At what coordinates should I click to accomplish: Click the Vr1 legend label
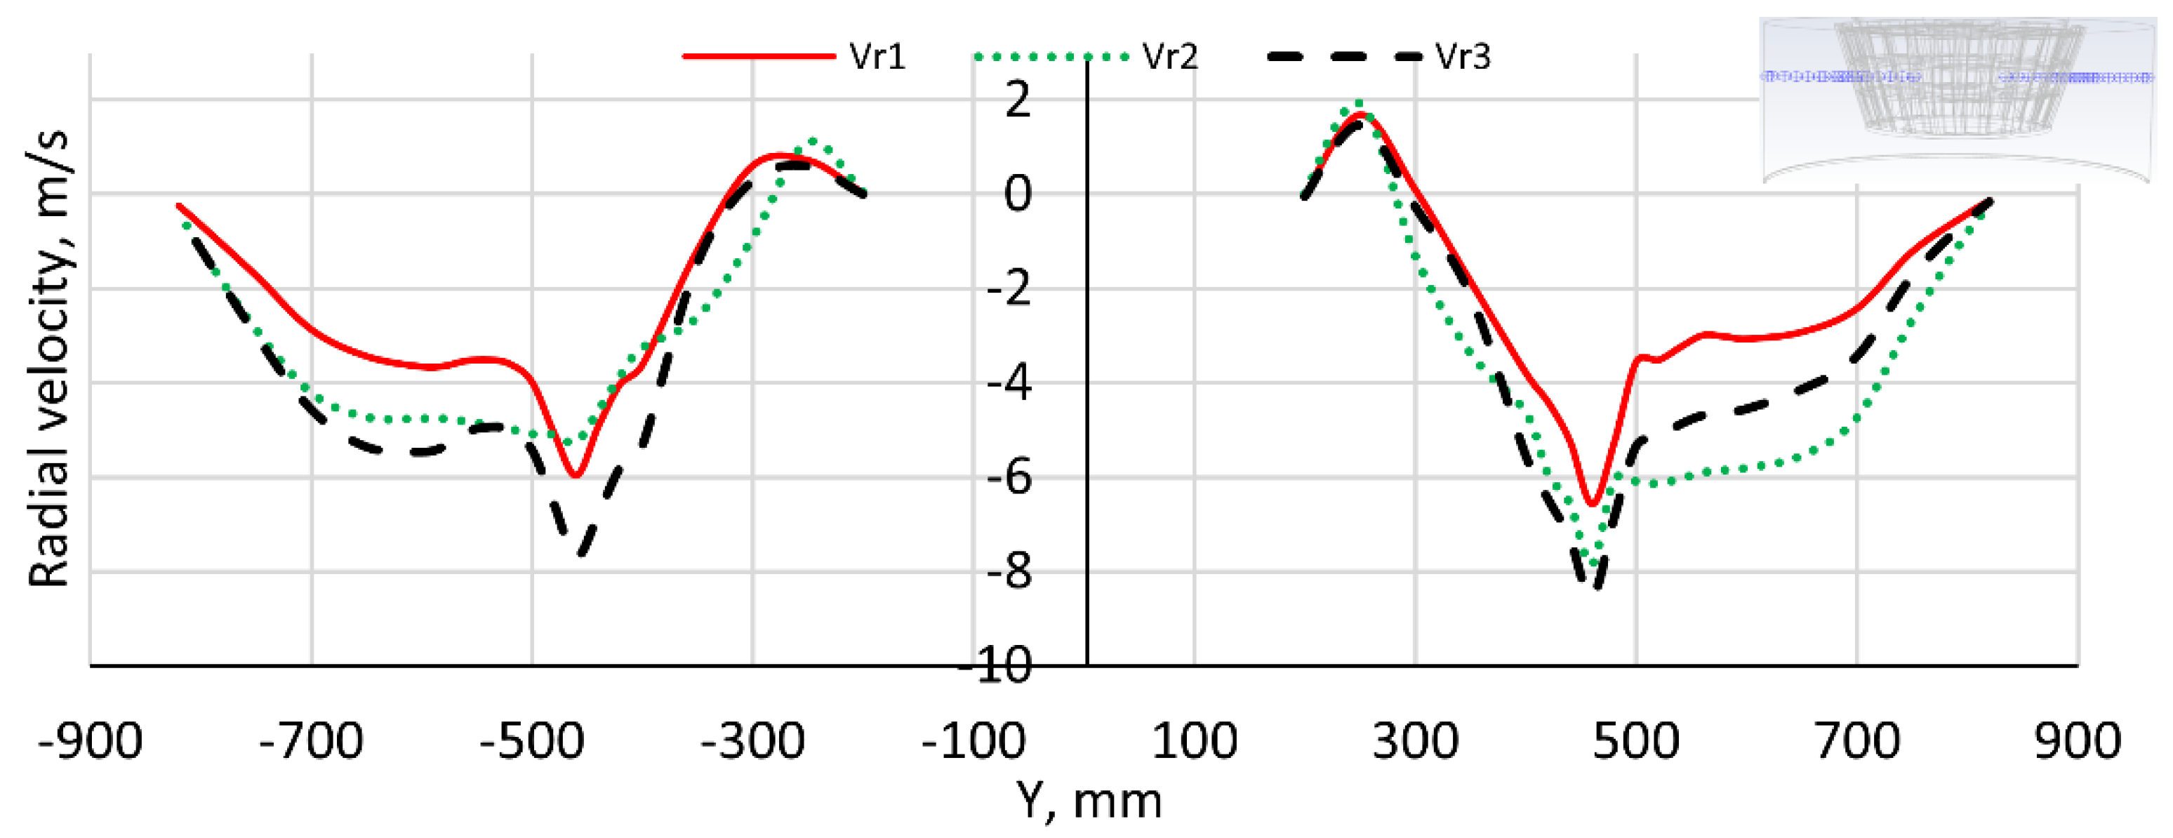pyautogui.click(x=877, y=57)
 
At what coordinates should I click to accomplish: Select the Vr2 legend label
pyautogui.click(x=1170, y=57)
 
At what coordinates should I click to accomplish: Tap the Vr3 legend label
pyautogui.click(x=1463, y=57)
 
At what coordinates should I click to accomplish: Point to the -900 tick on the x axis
pyautogui.click(x=91, y=741)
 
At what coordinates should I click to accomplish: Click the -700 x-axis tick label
pyautogui.click(x=311, y=741)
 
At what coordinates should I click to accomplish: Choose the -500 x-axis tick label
pyautogui.click(x=532, y=741)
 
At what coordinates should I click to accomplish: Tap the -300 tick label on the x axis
pyautogui.click(x=753, y=741)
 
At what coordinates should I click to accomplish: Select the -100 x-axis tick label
pyautogui.click(x=973, y=741)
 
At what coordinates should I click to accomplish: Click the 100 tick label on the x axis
pyautogui.click(x=1195, y=741)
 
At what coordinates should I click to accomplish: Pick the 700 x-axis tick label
pyautogui.click(x=1856, y=741)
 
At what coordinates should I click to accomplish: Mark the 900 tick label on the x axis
pyautogui.click(x=2077, y=741)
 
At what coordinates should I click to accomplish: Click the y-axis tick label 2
pyautogui.click(x=1018, y=100)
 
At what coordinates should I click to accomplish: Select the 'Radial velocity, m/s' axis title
pyautogui.click(x=49, y=359)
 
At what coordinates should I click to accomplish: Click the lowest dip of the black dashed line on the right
pyautogui.click(x=1597, y=585)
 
